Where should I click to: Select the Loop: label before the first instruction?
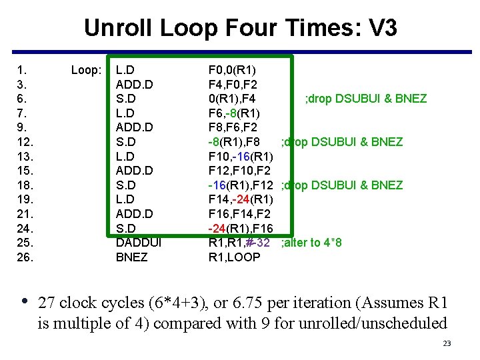pyautogui.click(x=87, y=70)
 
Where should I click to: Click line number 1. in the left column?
pyautogui.click(x=22, y=70)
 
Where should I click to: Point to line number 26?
pyautogui.click(x=25, y=257)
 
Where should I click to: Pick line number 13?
pyautogui.click(x=25, y=156)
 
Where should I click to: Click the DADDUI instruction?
pyautogui.click(x=139, y=242)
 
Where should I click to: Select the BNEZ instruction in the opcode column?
pyautogui.click(x=132, y=257)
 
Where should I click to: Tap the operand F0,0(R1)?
pyautogui.click(x=233, y=70)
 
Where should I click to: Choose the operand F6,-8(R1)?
pyautogui.click(x=235, y=113)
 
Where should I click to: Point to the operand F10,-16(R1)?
pyautogui.click(x=241, y=156)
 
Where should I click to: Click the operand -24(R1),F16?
pyautogui.click(x=240, y=228)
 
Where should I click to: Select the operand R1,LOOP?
pyautogui.click(x=235, y=257)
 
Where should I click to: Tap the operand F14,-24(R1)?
pyautogui.click(x=241, y=199)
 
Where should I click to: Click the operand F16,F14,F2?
pyautogui.click(x=240, y=213)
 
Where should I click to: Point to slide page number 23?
pyautogui.click(x=447, y=344)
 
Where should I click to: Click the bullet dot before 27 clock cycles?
pyautogui.click(x=25, y=302)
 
